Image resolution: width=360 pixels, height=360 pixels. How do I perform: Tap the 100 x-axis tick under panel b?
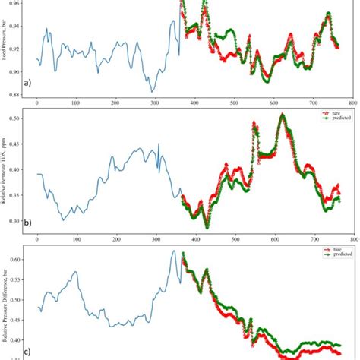click(x=76, y=240)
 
